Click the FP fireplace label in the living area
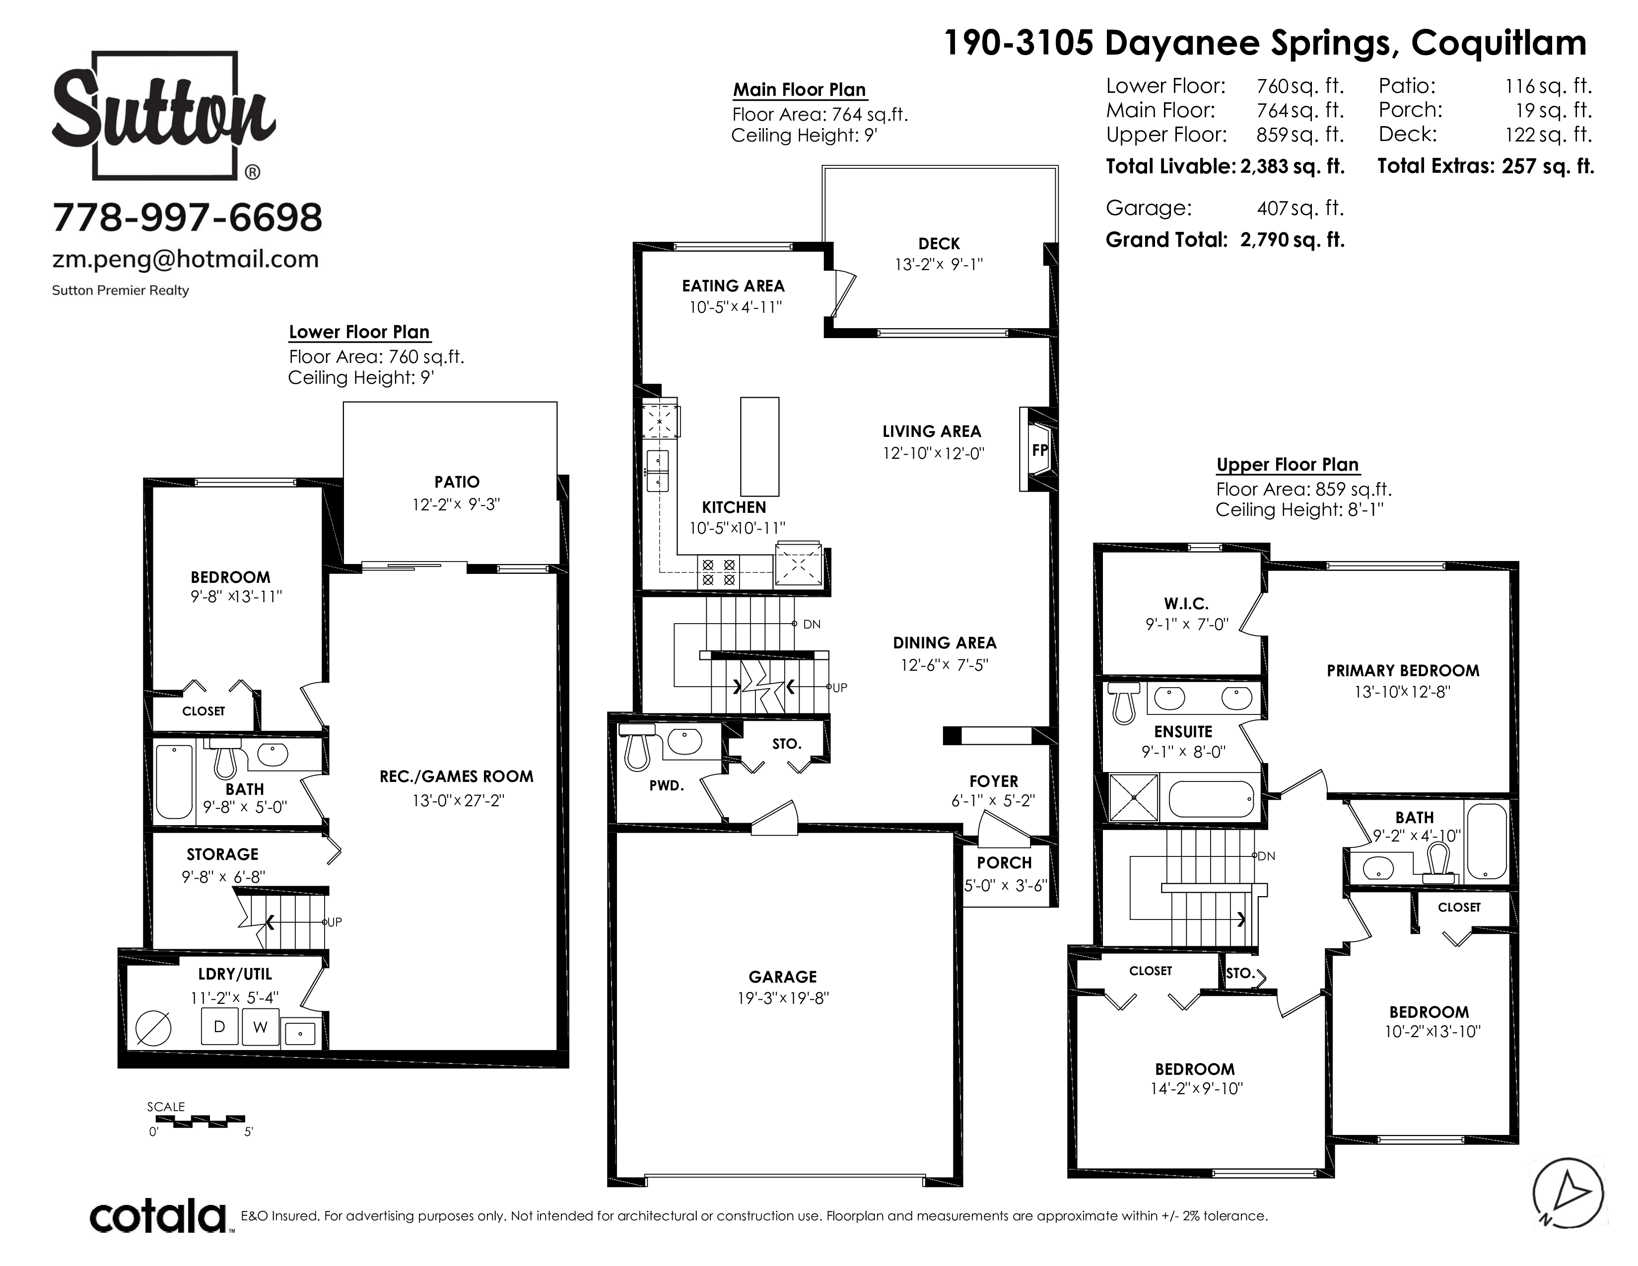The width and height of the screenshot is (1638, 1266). pos(1039,450)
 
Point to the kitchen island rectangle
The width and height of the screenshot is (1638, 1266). pos(760,447)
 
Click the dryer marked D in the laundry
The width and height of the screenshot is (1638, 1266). pos(220,1026)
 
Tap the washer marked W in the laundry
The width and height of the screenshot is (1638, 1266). pos(260,1027)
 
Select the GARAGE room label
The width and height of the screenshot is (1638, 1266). pos(782,977)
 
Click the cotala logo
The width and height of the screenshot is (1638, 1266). pos(159,1216)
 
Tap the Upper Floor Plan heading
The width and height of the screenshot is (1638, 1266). pos(1288,465)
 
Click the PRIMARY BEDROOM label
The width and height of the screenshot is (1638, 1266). pos(1403,671)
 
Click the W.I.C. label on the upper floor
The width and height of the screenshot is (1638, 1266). pos(1186,604)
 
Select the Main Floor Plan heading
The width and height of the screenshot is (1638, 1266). pos(800,90)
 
